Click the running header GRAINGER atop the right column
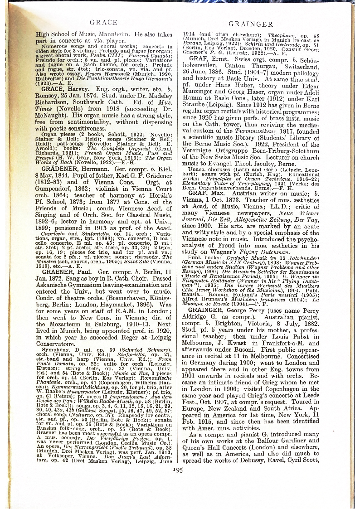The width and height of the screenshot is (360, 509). [250, 24]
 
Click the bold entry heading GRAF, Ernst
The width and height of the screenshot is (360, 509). [210, 58]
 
